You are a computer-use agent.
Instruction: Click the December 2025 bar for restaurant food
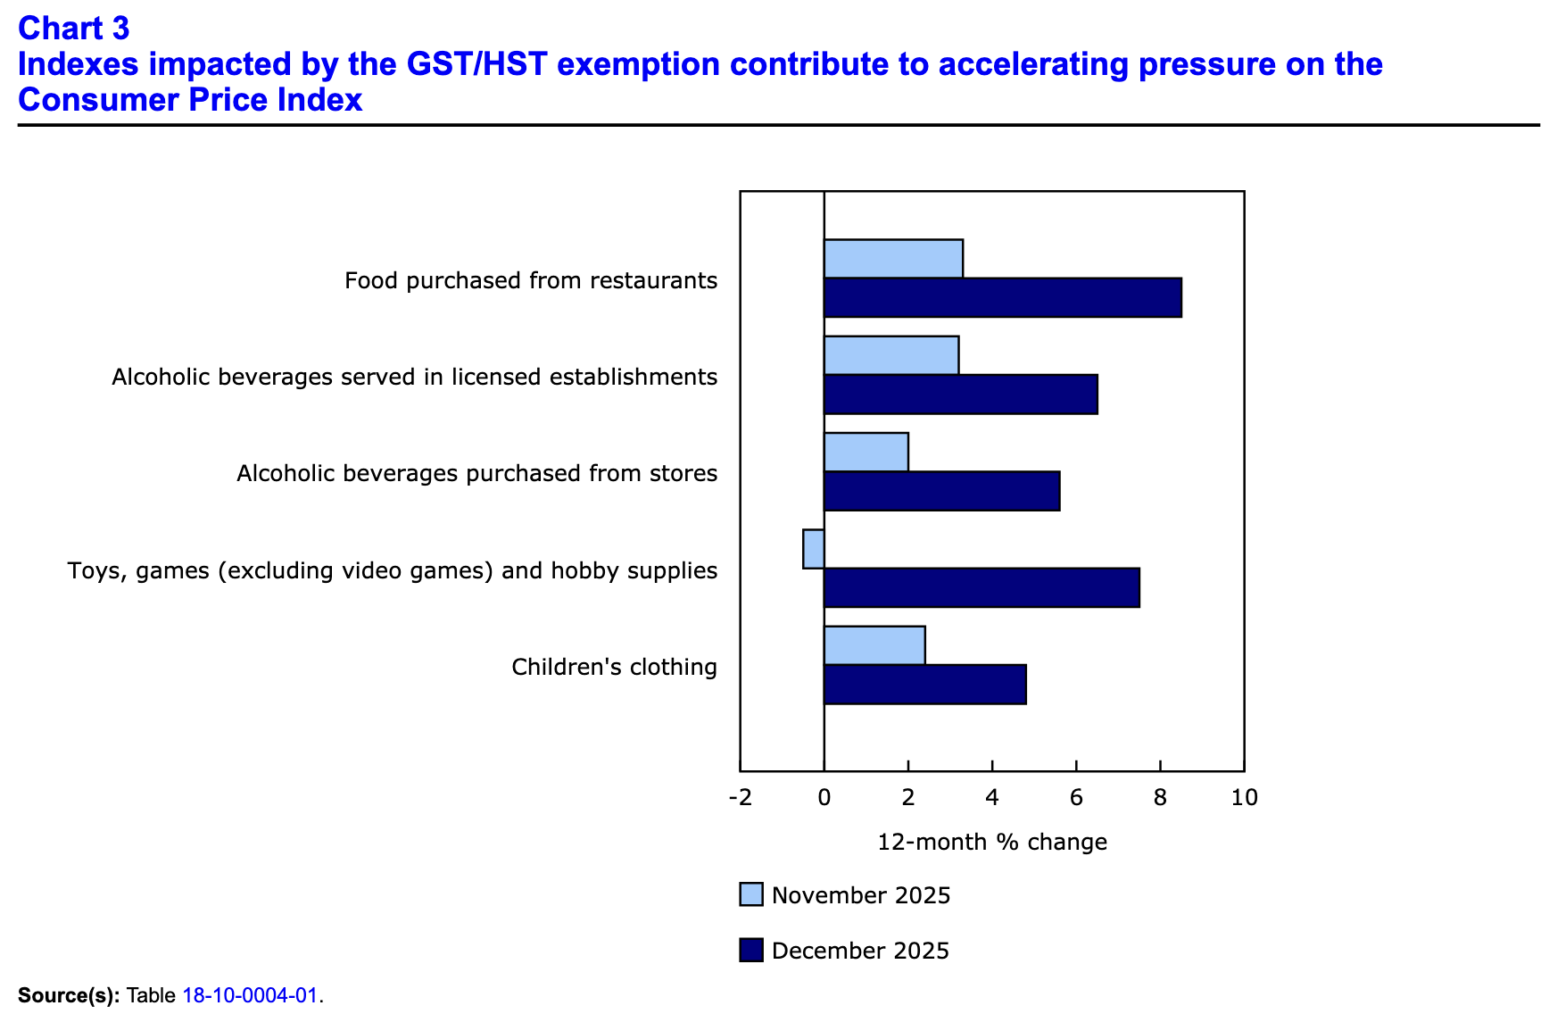click(x=1002, y=297)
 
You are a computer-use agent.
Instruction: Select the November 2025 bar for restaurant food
click(x=893, y=259)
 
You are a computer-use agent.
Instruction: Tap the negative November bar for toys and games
click(x=813, y=549)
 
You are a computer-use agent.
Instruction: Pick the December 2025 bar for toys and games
click(x=982, y=587)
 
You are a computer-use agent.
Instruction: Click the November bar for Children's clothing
click(x=874, y=645)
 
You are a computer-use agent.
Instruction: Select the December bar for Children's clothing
click(x=924, y=685)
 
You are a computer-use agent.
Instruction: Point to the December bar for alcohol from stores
click(x=941, y=491)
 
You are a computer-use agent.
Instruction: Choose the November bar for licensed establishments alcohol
click(x=890, y=355)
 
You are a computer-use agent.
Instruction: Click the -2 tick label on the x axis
click(x=740, y=797)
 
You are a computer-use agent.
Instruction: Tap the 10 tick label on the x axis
click(x=1244, y=797)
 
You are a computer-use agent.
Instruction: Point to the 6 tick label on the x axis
click(x=1076, y=797)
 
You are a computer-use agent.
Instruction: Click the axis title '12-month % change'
click(x=992, y=842)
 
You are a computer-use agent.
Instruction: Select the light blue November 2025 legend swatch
click(x=751, y=894)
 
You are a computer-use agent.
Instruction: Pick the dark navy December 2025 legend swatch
click(x=751, y=950)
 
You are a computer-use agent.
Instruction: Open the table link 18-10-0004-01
click(x=250, y=995)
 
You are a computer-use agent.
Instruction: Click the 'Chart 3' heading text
click(x=74, y=29)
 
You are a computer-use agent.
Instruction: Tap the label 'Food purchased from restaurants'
click(x=531, y=280)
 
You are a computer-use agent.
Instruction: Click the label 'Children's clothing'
click(x=614, y=667)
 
